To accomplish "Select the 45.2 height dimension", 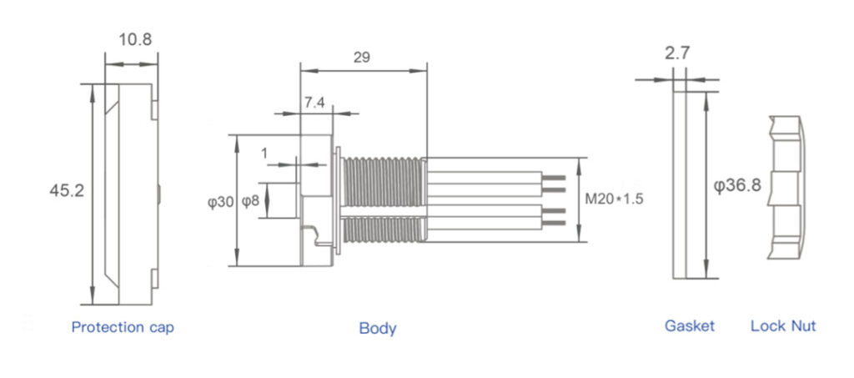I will (67, 191).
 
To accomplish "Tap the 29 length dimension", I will (362, 58).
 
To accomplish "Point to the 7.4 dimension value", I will (314, 103).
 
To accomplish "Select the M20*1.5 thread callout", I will (615, 199).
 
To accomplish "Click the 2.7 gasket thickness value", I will (677, 54).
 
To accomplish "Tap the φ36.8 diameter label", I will (737, 185).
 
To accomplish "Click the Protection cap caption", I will (123, 327).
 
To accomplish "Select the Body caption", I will (378, 328).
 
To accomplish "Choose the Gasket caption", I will (690, 326).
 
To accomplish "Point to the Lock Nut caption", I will (783, 326).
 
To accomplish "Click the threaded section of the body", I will (384, 200).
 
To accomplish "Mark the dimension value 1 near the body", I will (265, 153).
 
